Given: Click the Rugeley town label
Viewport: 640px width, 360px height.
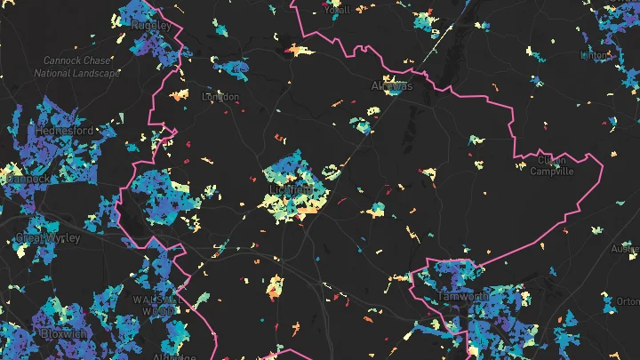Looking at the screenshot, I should [x=150, y=26].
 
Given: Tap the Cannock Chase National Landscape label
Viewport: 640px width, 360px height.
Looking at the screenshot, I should [x=76, y=67].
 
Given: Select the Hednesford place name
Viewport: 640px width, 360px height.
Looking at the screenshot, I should [x=64, y=131].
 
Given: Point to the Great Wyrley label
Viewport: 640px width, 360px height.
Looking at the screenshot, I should [x=47, y=238].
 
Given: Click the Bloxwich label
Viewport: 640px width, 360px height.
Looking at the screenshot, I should [x=63, y=333].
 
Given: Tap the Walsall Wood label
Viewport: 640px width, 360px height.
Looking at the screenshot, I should [x=156, y=305].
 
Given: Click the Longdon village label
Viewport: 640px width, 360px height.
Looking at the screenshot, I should [x=221, y=96].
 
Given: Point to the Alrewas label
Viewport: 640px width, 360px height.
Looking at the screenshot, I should [x=391, y=86].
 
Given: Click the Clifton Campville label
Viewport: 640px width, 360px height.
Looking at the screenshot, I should [x=552, y=165].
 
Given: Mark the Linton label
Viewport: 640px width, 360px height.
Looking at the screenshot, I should [x=594, y=55].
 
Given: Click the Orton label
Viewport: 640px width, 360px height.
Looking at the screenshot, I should [x=628, y=301].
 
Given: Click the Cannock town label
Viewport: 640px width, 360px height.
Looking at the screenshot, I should [x=27, y=178].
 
